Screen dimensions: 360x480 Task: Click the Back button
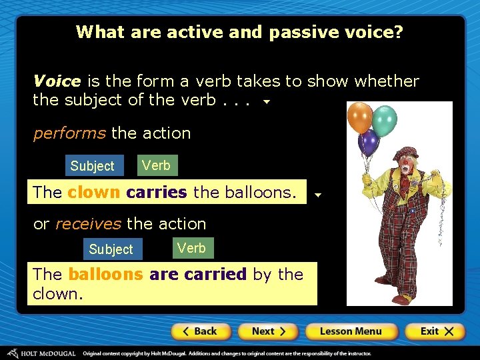201,331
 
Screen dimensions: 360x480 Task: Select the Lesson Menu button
351,331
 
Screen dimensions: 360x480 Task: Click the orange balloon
361,117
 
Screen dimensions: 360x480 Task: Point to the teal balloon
384,121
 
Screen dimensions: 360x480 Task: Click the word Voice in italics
57,81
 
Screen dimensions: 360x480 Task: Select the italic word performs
69,133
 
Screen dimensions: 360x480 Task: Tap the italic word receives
88,223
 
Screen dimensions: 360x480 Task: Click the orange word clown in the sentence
93,193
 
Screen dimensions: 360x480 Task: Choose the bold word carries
157,193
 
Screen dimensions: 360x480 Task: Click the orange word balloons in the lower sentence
105,274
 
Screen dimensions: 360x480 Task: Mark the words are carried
198,274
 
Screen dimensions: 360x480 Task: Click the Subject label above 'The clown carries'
93,166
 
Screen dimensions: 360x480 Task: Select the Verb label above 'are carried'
191,248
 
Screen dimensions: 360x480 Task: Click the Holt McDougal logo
41,353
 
